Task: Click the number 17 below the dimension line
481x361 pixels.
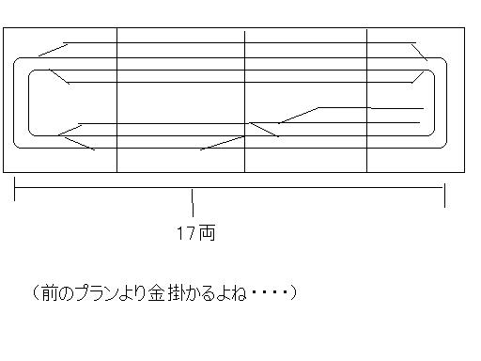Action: tap(186, 233)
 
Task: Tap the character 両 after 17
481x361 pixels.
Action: tap(208, 233)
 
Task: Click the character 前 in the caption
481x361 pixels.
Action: tap(49, 293)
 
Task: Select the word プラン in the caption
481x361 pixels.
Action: tap(97, 293)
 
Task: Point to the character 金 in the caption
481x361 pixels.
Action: tap(157, 293)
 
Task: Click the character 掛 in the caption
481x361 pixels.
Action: tap(176, 293)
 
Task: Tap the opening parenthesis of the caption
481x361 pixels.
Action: tap(36, 293)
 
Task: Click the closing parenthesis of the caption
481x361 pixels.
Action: tap(293, 293)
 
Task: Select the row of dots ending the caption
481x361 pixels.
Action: tap(270, 292)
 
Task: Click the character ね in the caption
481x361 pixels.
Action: tap(238, 293)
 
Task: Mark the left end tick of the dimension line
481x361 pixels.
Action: tap(15, 189)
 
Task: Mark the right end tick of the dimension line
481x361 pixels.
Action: tap(444, 196)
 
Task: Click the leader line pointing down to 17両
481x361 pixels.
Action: tap(193, 203)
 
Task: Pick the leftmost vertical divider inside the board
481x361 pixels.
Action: tap(116, 100)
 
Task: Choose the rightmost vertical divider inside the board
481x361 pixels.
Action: tap(366, 100)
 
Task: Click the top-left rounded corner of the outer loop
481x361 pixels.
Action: tap(16, 60)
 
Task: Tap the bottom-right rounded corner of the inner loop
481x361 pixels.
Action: tap(432, 133)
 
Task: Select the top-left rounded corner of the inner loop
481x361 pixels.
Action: tap(31, 72)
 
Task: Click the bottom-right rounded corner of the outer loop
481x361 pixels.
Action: tap(444, 146)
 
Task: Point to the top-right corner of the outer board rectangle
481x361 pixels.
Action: tap(464, 28)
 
